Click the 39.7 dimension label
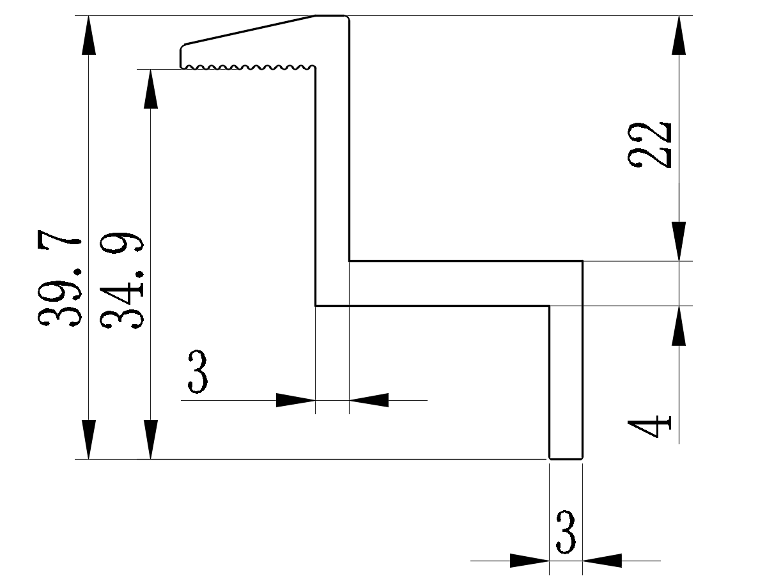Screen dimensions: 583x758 tap(60, 281)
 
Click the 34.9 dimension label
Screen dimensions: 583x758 tap(122, 281)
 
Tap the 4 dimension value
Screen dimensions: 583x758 tap(650, 427)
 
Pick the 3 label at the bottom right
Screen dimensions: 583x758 tap(566, 532)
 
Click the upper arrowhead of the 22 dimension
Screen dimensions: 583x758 tap(679, 36)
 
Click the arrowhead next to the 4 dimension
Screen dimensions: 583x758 tap(679, 326)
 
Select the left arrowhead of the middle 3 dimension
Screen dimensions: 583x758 tap(295, 400)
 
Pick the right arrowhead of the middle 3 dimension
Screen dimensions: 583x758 tap(369, 400)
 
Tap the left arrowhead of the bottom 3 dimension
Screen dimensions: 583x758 tap(529, 561)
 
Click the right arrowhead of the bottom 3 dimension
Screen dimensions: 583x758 tap(602, 561)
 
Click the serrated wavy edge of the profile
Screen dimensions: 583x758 tap(249, 66)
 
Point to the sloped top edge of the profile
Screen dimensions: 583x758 tap(249, 29)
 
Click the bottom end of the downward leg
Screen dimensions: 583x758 tap(566, 458)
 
